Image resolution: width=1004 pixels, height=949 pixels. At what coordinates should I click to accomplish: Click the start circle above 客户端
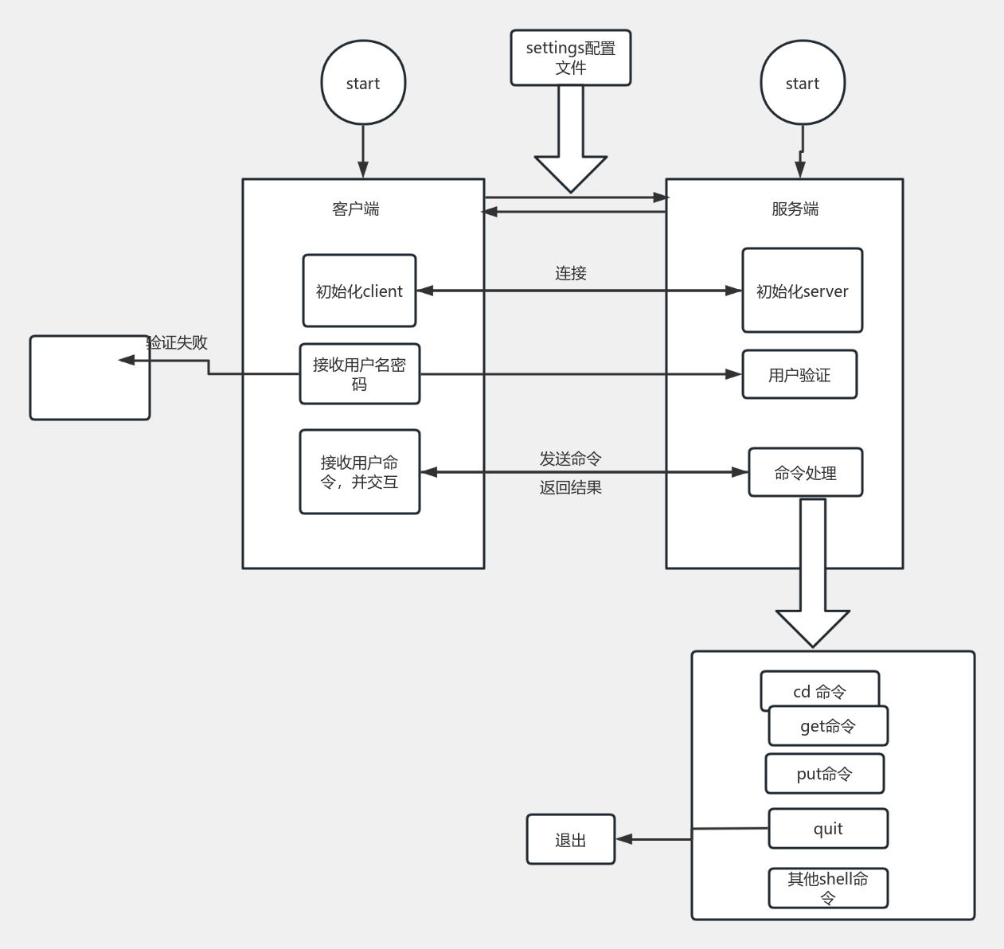point(363,83)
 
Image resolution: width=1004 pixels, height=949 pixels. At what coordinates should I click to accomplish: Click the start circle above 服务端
point(802,83)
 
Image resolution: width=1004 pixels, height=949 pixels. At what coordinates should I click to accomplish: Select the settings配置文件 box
point(570,58)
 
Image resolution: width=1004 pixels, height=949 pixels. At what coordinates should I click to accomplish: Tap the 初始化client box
point(359,291)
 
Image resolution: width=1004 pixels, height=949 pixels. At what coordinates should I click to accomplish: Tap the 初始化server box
point(802,291)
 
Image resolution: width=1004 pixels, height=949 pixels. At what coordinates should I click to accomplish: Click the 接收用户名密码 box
point(359,374)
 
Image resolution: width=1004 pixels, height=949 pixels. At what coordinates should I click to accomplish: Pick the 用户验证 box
point(799,374)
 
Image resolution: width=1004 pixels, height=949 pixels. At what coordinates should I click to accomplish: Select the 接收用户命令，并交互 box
point(359,472)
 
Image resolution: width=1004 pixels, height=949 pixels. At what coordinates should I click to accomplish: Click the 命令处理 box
point(805,473)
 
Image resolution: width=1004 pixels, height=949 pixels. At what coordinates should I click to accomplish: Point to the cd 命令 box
point(819,689)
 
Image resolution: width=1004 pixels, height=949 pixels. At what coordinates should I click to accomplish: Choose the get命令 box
point(828,726)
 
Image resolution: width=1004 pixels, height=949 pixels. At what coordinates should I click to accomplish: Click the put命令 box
point(824,774)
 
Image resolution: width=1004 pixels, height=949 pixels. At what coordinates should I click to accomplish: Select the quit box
point(828,829)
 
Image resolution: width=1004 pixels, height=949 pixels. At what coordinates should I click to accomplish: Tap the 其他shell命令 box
point(828,888)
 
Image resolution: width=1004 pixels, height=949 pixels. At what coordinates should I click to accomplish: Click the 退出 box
point(570,839)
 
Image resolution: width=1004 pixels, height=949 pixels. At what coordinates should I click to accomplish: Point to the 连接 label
point(570,273)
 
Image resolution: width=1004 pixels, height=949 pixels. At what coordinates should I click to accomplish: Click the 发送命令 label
point(570,459)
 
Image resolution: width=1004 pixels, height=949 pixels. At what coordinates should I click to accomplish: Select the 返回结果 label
point(570,487)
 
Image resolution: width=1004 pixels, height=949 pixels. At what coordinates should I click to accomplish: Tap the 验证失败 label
point(178,342)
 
